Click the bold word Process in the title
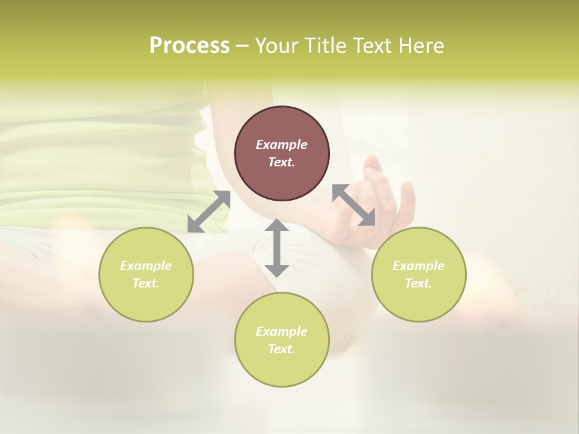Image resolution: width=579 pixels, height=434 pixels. coord(189,46)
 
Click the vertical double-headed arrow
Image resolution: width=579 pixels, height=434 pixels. coord(277,248)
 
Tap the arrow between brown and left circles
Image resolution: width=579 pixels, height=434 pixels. coord(209,212)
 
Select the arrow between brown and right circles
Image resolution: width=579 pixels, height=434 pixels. coord(354,205)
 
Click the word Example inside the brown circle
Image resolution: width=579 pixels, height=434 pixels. coord(282,145)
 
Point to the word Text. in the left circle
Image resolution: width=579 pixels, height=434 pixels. coord(146,283)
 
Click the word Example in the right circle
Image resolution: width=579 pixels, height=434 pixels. coord(419,266)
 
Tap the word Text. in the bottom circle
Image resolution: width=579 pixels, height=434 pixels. coord(282,349)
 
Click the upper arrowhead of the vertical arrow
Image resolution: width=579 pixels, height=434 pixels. coord(277,226)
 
